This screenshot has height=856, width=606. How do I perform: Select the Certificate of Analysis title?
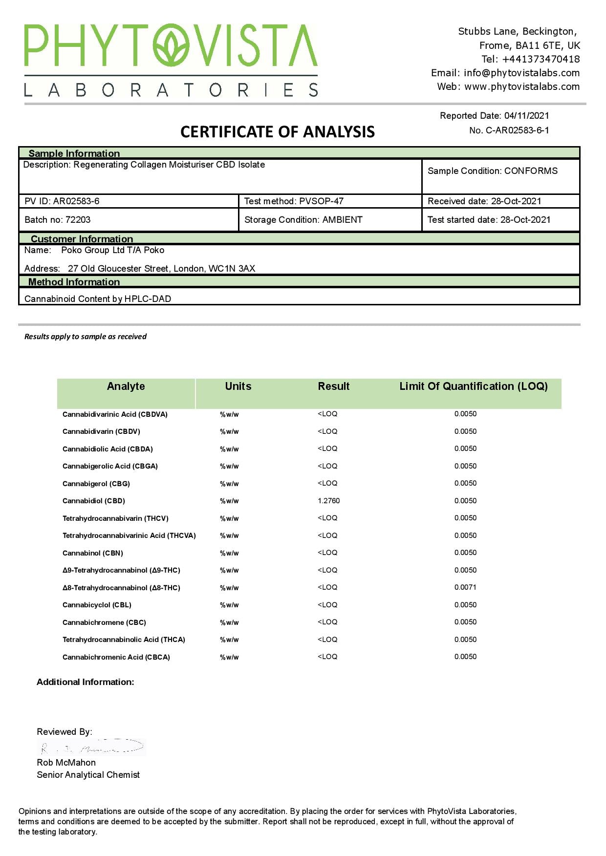point(278,132)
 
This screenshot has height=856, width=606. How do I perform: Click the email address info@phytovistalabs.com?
point(521,73)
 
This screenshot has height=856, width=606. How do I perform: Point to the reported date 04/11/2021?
point(526,116)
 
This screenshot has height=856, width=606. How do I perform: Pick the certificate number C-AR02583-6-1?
point(517,130)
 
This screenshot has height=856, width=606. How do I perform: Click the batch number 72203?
point(78,220)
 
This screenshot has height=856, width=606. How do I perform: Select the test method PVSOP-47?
point(321,201)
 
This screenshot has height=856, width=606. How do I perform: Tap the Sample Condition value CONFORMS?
point(531,171)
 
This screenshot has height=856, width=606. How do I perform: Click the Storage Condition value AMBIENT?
point(342,220)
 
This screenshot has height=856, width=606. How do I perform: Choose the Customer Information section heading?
point(82,239)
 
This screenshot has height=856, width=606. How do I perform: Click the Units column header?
point(238,386)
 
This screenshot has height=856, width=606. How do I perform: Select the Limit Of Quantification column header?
point(473,386)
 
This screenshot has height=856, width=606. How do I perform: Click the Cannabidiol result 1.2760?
point(328,501)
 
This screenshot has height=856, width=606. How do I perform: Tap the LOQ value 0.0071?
point(465,587)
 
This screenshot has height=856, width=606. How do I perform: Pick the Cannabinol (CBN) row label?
point(93,553)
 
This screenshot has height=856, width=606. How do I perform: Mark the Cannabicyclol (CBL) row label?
point(97,605)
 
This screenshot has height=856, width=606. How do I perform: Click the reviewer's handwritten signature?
point(91,748)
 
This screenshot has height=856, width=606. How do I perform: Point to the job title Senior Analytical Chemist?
point(88,775)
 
